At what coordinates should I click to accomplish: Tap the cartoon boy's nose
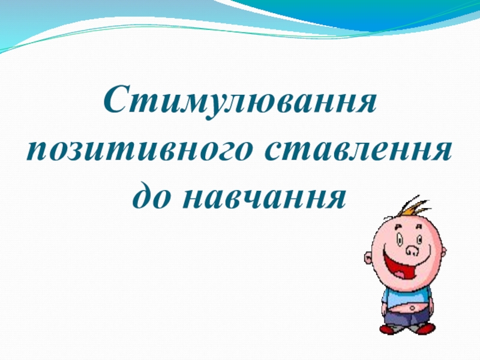tap(412, 250)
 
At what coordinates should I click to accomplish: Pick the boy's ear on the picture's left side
tap(368, 258)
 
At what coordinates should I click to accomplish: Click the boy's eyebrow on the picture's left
tap(397, 227)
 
